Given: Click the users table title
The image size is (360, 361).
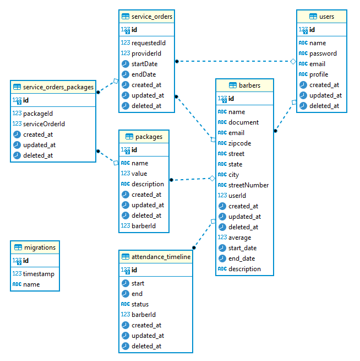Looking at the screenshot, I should point(326,17).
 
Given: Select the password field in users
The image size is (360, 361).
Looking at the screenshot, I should point(323,53).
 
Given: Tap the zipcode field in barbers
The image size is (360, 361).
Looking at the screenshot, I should point(240,143).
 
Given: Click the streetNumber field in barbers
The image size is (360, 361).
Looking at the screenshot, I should point(248,185).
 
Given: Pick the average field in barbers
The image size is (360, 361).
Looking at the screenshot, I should point(239,238).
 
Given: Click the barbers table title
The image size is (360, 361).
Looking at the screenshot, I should point(249,85).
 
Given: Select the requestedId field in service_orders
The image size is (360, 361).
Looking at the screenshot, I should point(148,42).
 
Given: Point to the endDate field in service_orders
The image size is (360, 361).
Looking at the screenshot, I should point(144,74).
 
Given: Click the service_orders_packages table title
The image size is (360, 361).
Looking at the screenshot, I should point(58,87).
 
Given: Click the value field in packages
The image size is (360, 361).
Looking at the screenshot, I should point(139,174).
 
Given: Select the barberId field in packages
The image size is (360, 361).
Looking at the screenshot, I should point(144,226).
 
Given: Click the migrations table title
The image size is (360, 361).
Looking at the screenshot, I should point(39,247).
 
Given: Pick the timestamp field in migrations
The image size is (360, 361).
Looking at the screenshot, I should point(39,274).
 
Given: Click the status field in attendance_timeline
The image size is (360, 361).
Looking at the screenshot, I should point(140,304).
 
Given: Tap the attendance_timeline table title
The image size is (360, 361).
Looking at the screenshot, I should point(161,257).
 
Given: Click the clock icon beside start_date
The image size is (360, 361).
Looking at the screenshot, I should point(222,248).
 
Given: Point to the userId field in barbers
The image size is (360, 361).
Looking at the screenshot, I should point(237,196).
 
